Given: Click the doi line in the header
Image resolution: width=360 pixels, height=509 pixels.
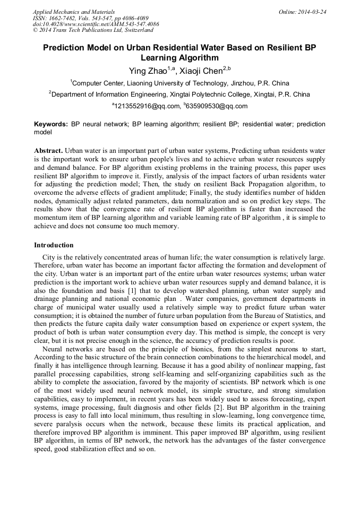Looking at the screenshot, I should [96, 24].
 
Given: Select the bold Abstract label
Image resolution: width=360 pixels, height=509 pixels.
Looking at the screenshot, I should [48, 151].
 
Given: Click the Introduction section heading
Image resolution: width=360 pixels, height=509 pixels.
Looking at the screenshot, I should [54, 245].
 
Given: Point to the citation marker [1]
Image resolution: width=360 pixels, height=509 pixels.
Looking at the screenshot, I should [126, 291].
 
